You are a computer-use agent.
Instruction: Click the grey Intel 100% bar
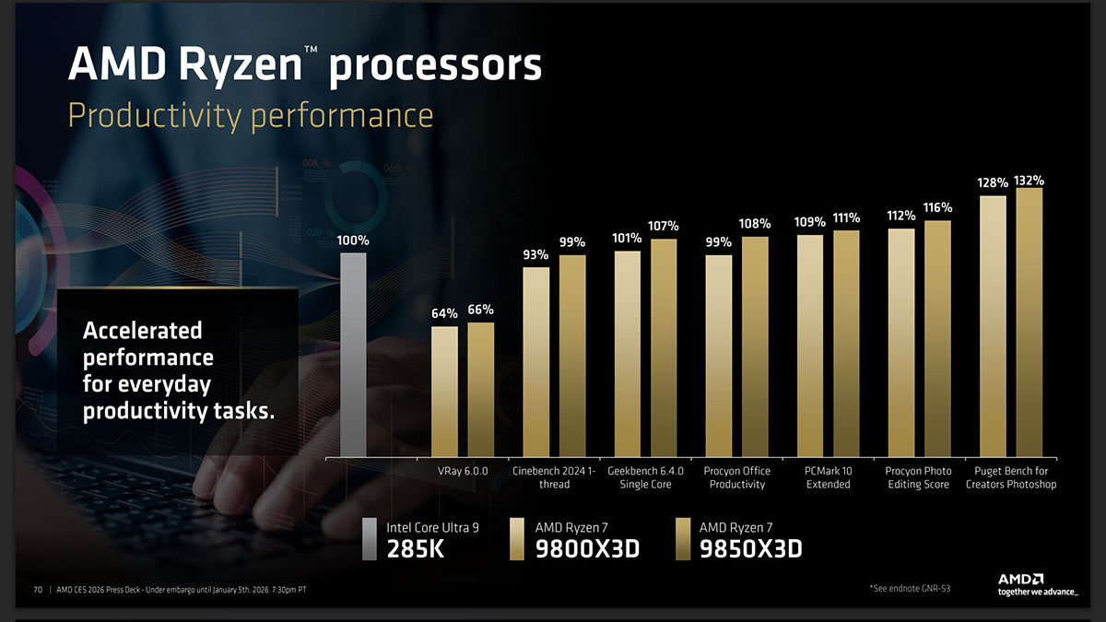point(353,355)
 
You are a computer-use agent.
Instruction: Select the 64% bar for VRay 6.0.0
point(444,392)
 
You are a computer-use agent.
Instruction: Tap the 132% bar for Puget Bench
point(1030,323)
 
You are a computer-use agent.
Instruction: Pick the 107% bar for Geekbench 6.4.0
point(664,347)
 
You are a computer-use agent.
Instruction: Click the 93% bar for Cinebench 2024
point(535,361)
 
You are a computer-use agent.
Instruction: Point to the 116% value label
point(937,207)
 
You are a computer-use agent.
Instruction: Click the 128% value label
point(993,183)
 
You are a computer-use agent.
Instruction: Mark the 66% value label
point(480,310)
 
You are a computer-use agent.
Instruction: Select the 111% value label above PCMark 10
point(846,218)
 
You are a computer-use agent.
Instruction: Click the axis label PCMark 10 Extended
point(828,477)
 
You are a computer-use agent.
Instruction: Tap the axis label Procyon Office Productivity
point(737,477)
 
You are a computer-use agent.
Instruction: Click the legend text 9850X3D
point(750,549)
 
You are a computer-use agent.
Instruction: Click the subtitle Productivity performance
point(251,116)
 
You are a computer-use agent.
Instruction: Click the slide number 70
point(39,590)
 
